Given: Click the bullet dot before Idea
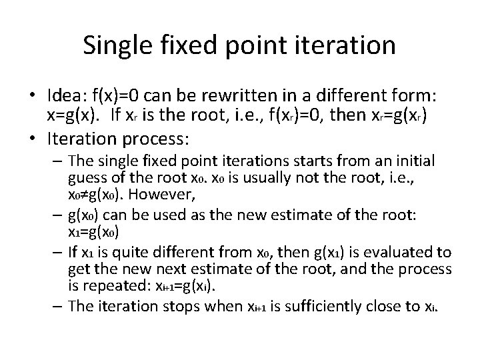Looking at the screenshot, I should pos(32,94).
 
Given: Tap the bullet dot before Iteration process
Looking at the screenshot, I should pos(32,141).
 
